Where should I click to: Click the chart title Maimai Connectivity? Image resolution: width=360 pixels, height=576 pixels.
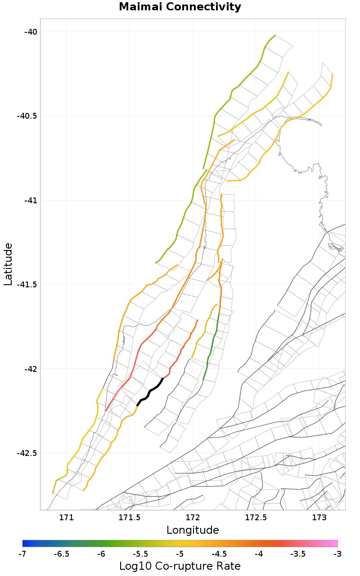pyautogui.click(x=180, y=7)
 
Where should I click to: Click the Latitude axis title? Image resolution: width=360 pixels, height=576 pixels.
pyautogui.click(x=8, y=264)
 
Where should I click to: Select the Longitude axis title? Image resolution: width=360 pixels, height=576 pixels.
pyautogui.click(x=193, y=530)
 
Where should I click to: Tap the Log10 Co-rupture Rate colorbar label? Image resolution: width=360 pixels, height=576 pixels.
pyautogui.click(x=180, y=566)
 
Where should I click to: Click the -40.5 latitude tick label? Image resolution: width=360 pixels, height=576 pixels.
pyautogui.click(x=26, y=116)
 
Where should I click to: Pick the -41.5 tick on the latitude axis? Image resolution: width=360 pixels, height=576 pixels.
pyautogui.click(x=26, y=284)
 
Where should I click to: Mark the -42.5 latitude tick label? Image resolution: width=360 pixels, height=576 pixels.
pyautogui.click(x=26, y=453)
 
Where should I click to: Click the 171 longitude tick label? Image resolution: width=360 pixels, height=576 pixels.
pyautogui.click(x=66, y=518)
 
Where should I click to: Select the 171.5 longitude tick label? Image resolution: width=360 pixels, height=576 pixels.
pyautogui.click(x=130, y=518)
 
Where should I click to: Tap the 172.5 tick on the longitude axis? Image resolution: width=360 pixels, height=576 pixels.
pyautogui.click(x=256, y=518)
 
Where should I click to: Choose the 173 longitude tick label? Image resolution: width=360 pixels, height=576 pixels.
pyautogui.click(x=319, y=518)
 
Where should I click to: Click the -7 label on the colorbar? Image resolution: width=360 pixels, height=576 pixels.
pyautogui.click(x=22, y=554)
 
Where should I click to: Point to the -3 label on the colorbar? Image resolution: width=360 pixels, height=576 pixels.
pyautogui.click(x=337, y=554)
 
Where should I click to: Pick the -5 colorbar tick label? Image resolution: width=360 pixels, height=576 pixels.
pyautogui.click(x=180, y=554)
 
